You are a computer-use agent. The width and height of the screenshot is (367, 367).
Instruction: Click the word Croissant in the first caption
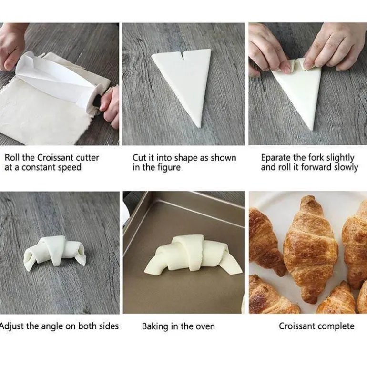[55, 157]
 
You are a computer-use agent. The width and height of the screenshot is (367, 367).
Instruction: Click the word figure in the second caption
[170, 168]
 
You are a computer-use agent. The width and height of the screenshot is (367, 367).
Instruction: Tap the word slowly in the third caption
[346, 168]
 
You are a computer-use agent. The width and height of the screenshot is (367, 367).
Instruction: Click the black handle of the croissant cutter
[97, 101]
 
